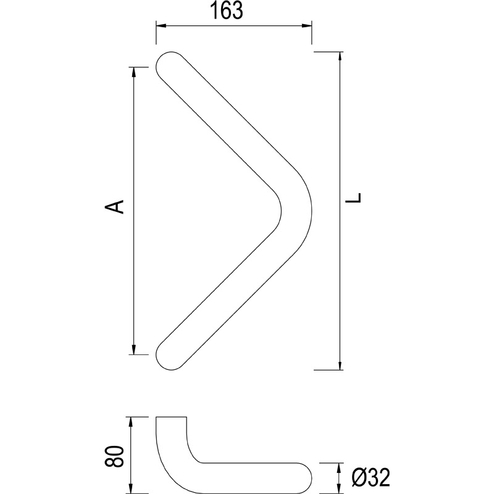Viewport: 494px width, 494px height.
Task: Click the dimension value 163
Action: [227, 10]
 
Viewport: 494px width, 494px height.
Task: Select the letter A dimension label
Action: [114, 207]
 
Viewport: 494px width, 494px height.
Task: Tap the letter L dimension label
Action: [353, 198]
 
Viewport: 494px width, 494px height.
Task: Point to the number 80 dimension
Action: [114, 456]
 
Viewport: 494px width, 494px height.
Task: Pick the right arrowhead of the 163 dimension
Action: [307, 25]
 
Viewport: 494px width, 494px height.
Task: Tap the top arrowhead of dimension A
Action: [133, 72]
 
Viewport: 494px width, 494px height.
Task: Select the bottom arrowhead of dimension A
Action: [133, 350]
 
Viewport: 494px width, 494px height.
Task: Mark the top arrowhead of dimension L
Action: [340, 57]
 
